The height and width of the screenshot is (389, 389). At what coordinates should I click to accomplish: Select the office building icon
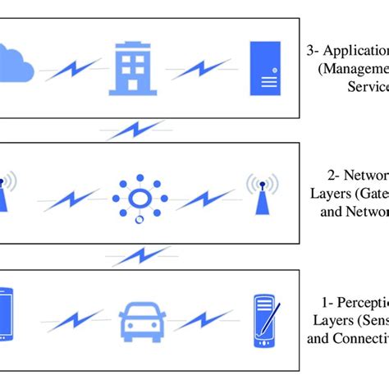pos(133,68)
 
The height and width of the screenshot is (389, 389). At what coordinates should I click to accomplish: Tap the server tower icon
pos(265,68)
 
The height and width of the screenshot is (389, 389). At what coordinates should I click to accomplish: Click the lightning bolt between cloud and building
pos(73,70)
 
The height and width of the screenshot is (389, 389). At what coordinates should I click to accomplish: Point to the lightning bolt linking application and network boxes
pos(135,130)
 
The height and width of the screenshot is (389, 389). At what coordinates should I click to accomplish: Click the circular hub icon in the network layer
pos(140,197)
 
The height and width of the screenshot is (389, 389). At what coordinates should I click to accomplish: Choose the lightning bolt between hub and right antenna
pos(204,199)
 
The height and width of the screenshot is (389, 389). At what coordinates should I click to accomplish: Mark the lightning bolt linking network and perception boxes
pos(140,257)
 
